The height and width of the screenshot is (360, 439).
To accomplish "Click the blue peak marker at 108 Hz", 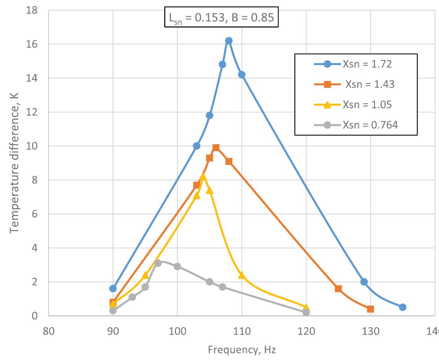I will [x=228, y=41].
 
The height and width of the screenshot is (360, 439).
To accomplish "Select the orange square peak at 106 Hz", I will [x=216, y=148].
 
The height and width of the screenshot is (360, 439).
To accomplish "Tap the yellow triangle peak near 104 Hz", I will [x=203, y=177].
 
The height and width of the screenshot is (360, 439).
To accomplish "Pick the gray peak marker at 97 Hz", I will [x=158, y=263].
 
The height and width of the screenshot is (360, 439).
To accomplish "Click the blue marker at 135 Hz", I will [x=402, y=307].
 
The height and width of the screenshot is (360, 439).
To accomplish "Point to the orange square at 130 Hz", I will [x=370, y=309].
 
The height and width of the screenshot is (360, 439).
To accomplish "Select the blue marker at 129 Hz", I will [x=364, y=282].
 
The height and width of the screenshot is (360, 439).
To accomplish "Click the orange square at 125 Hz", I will [x=338, y=288].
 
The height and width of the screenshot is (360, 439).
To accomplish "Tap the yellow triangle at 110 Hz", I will [x=242, y=275].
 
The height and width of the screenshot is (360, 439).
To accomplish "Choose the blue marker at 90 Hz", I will [x=113, y=288].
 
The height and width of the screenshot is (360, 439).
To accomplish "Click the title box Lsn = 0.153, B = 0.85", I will [x=221, y=17].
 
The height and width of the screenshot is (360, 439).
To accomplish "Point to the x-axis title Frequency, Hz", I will [x=242, y=349].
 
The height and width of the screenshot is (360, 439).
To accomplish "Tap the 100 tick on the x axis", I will [x=177, y=330].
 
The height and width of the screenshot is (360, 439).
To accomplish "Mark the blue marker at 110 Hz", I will [x=242, y=75].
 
